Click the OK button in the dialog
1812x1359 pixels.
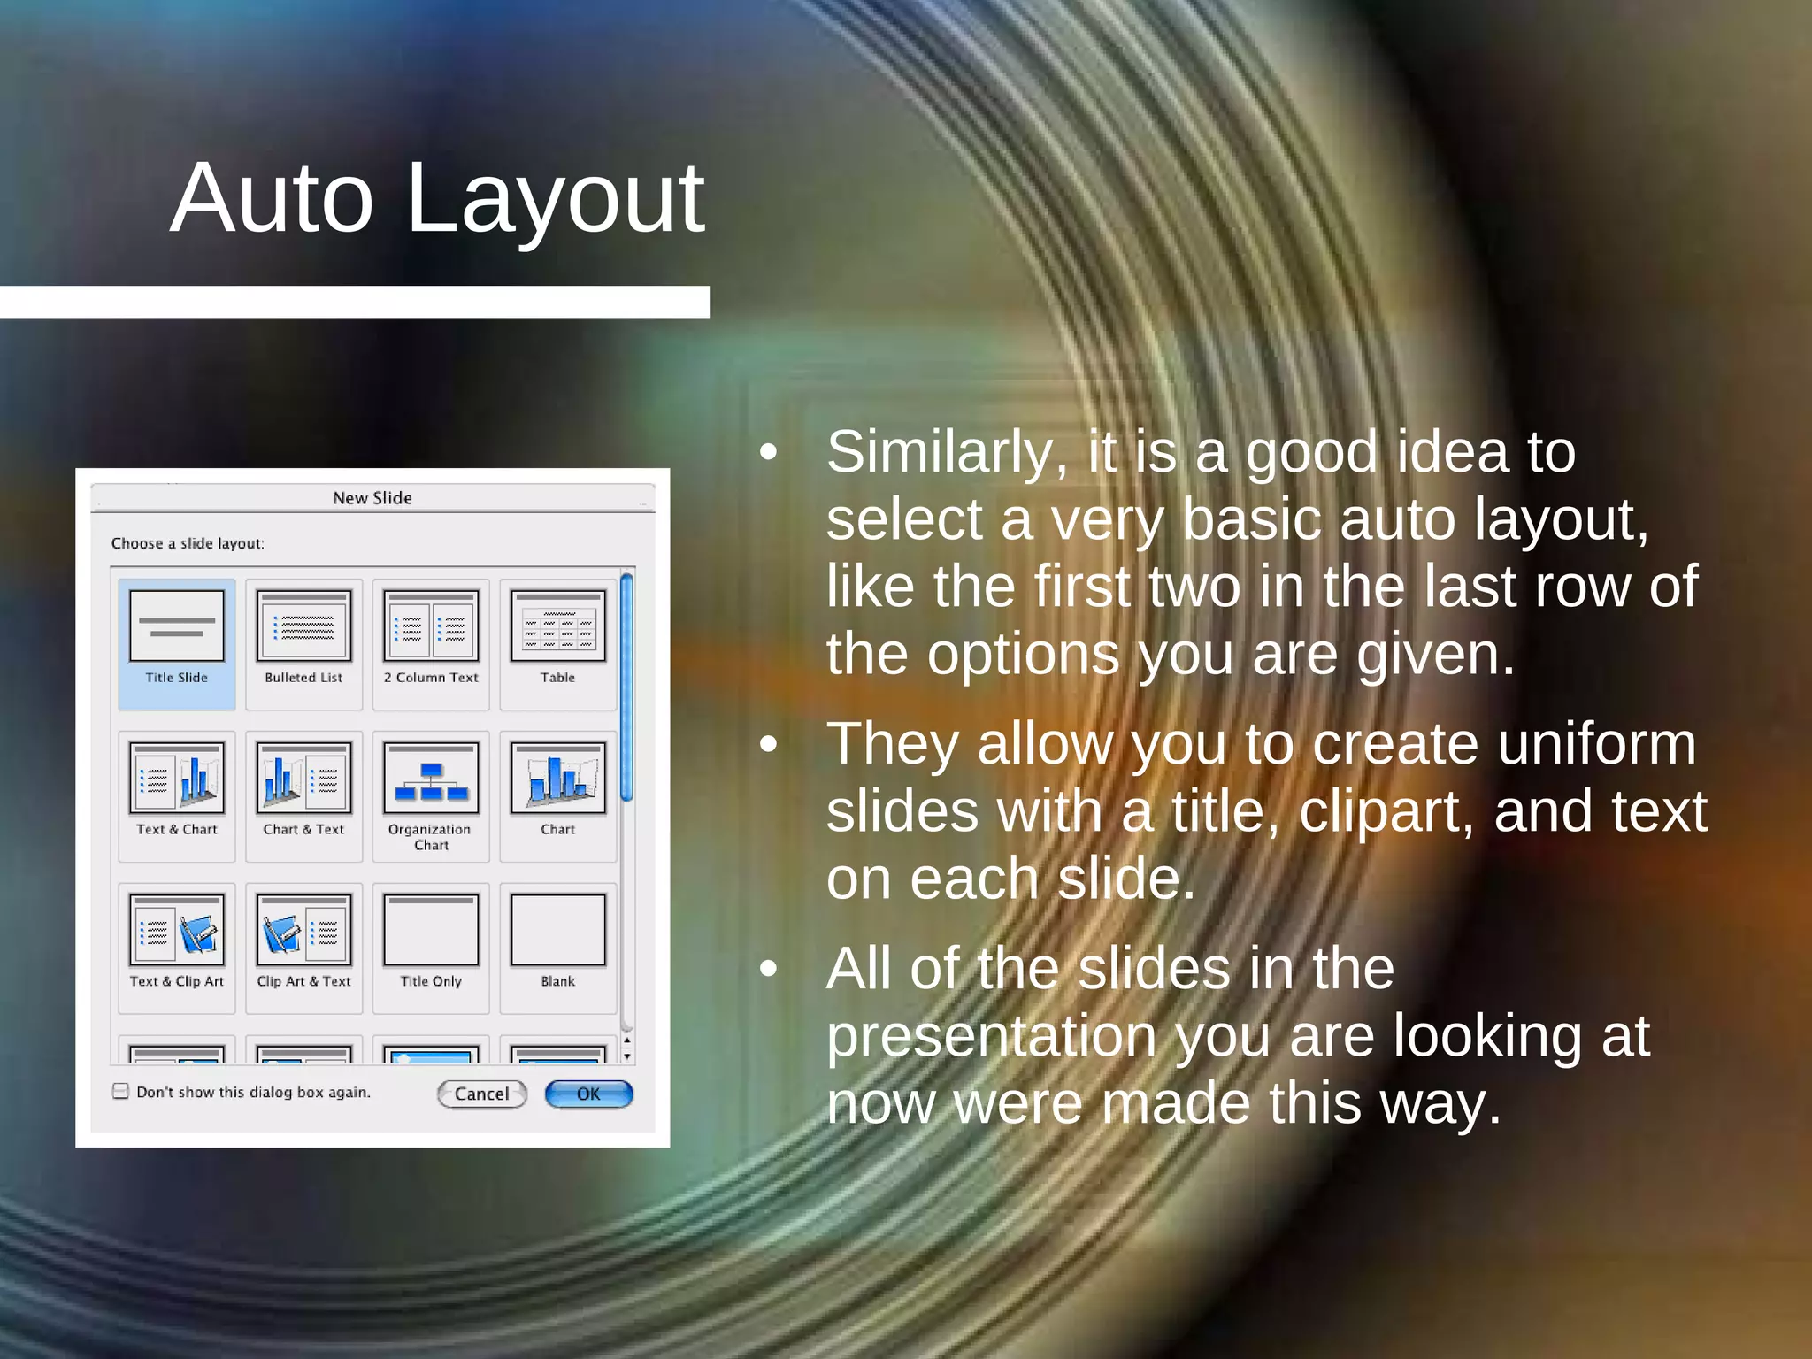pos(588,1094)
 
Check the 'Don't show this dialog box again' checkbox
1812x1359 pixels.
pos(121,1092)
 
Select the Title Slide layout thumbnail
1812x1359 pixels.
pos(177,626)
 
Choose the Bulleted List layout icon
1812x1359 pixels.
pos(303,626)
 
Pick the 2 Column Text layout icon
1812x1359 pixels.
pos(431,626)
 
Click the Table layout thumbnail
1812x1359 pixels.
pos(557,626)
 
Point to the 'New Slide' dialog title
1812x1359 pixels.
pos(372,498)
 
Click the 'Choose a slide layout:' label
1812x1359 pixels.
pos(188,543)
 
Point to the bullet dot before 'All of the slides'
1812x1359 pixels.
pos(768,969)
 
